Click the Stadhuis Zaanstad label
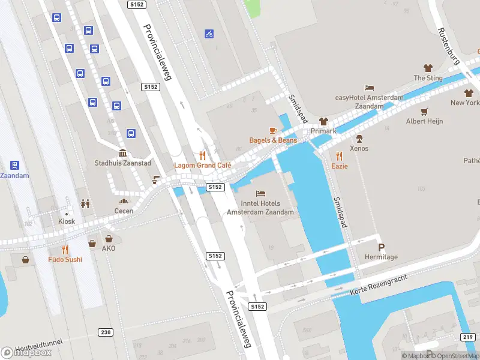point(123,163)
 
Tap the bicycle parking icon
point(209,34)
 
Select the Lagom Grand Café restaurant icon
point(203,154)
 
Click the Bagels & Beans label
point(273,140)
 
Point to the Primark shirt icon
point(324,121)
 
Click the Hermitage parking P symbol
point(380,247)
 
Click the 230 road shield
point(106,332)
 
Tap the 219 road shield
point(469,337)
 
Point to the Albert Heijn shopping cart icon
point(425,111)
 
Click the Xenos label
point(359,148)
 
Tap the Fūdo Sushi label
point(65,260)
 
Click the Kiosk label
point(67,221)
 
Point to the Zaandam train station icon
point(14,165)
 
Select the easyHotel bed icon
point(369,88)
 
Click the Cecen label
point(124,211)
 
